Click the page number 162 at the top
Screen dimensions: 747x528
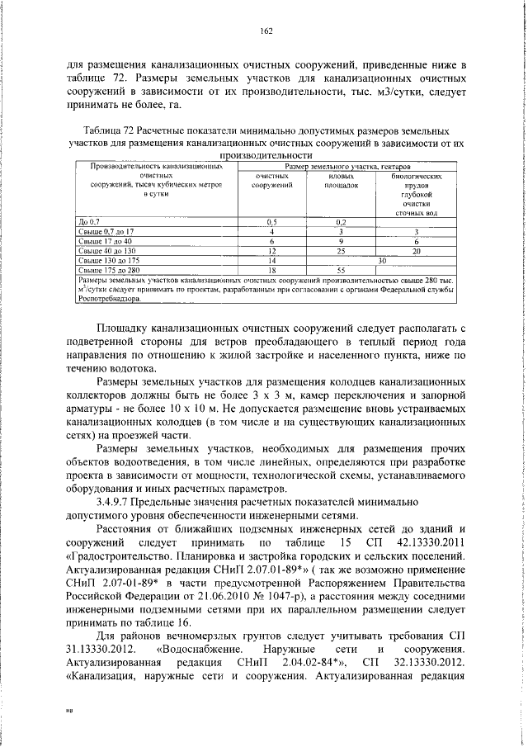266,31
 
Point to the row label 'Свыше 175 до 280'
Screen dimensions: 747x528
108,268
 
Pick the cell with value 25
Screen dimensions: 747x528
340,250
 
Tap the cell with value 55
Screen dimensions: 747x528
340,268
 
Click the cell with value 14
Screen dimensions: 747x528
271,259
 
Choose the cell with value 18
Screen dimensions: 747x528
271,268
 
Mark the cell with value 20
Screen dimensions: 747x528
416,250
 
